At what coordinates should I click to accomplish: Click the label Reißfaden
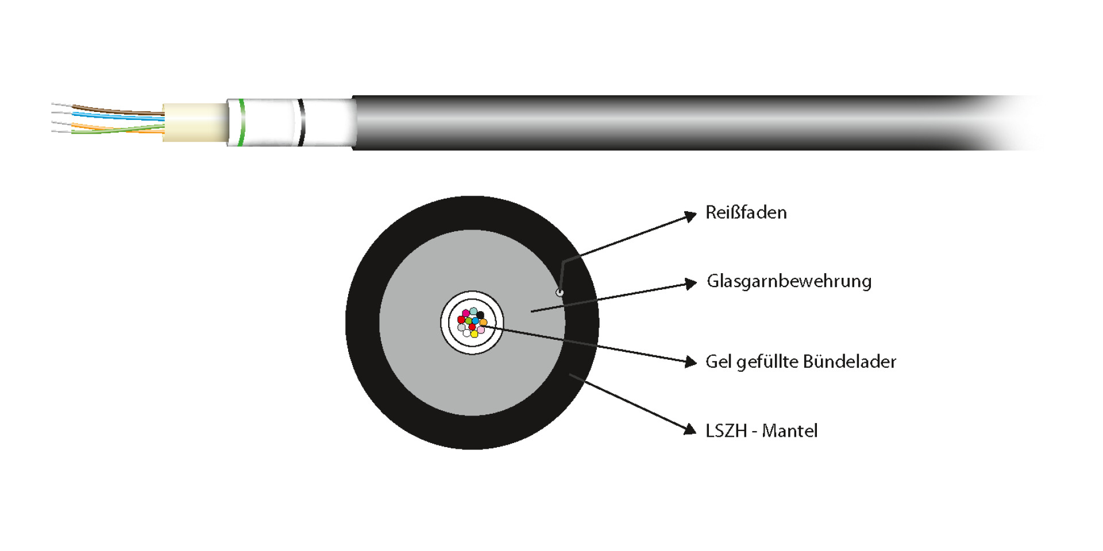click(746, 213)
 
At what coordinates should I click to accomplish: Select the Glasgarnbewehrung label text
click(789, 281)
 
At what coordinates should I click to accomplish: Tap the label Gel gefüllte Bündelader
click(800, 362)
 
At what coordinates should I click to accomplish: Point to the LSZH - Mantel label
click(761, 431)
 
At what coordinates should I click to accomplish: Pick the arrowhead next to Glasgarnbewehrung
click(691, 284)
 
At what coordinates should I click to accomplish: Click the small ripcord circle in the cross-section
click(560, 293)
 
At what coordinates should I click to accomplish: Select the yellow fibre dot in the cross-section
click(474, 334)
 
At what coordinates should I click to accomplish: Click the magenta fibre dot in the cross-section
click(465, 313)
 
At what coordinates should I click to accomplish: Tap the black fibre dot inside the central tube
click(480, 315)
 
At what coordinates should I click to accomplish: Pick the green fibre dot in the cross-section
click(469, 321)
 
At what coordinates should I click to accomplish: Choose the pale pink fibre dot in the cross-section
click(481, 330)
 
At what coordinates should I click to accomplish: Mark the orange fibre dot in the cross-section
click(484, 323)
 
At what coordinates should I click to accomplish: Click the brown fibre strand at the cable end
click(115, 110)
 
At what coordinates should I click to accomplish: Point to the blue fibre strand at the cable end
click(115, 117)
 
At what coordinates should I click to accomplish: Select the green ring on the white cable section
click(242, 123)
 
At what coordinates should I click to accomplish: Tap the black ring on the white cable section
click(301, 123)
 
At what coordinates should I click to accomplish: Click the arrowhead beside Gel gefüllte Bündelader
click(691, 362)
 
